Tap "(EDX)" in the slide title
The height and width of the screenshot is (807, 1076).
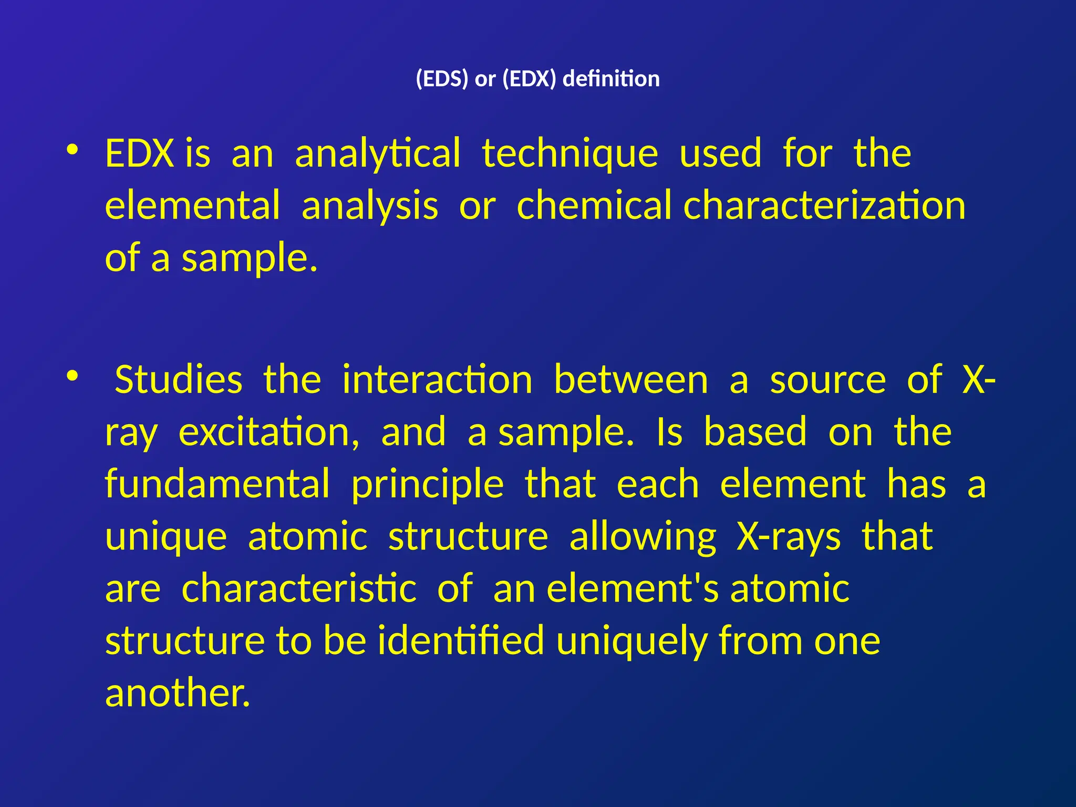coord(529,79)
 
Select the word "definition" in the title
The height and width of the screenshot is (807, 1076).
coord(611,79)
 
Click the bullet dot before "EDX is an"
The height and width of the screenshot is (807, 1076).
coord(73,150)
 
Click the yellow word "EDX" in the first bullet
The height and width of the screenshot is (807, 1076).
coord(139,153)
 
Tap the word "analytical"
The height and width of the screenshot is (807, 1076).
coord(377,153)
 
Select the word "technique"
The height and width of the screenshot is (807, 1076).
coord(570,153)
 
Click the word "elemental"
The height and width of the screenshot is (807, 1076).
coord(192,205)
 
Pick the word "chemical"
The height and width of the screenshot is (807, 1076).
coord(594,205)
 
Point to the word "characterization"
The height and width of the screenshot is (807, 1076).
coord(824,205)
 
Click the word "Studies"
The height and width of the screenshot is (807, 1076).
coord(179,379)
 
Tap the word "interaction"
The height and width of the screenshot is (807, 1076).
coord(437,379)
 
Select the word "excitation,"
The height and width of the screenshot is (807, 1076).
coord(269,432)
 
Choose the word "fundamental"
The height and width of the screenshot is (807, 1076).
coord(218,484)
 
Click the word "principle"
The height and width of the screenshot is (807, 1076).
coord(428,484)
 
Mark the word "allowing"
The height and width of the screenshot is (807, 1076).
coord(643,536)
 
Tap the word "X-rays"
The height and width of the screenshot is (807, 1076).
coord(789,536)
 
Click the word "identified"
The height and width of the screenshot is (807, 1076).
coord(461,640)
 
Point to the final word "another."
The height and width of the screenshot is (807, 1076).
coord(178,692)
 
